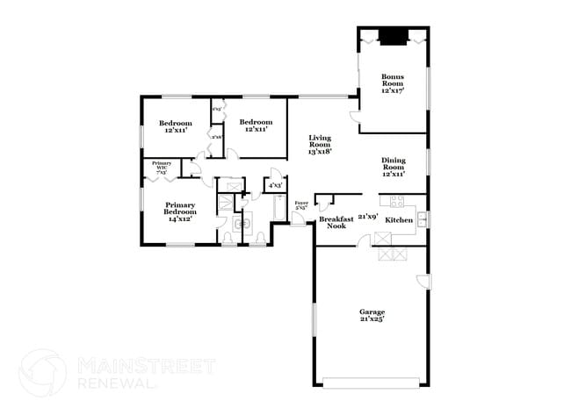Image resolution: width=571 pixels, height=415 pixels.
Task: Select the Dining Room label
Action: click(392, 167)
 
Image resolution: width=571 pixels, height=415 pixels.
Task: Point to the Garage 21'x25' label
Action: click(372, 315)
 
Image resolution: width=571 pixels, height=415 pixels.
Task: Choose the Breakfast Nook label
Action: click(336, 222)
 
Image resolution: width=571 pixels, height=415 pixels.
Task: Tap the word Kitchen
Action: click(400, 219)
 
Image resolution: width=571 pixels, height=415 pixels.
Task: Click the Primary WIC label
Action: click(161, 167)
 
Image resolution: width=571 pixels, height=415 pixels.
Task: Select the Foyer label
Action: click(301, 205)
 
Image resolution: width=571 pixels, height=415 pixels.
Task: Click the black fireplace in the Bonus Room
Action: click(393, 36)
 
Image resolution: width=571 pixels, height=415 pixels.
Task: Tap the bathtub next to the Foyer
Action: click(280, 209)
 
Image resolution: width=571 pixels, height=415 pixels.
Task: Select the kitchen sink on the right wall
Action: click(423, 218)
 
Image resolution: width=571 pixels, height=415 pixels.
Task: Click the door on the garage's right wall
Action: click(423, 283)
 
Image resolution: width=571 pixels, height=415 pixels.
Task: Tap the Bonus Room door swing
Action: click(355, 117)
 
